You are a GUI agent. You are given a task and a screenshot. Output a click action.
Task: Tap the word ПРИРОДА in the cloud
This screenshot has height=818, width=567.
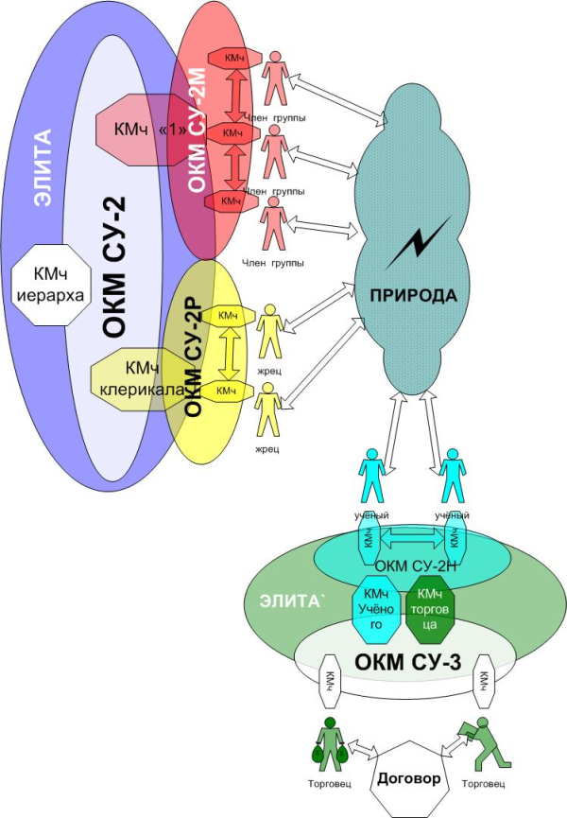413,296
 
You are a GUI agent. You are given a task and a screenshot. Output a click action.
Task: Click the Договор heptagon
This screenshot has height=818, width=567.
409,781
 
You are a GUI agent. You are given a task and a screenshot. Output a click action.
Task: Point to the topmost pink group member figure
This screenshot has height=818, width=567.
275,77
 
